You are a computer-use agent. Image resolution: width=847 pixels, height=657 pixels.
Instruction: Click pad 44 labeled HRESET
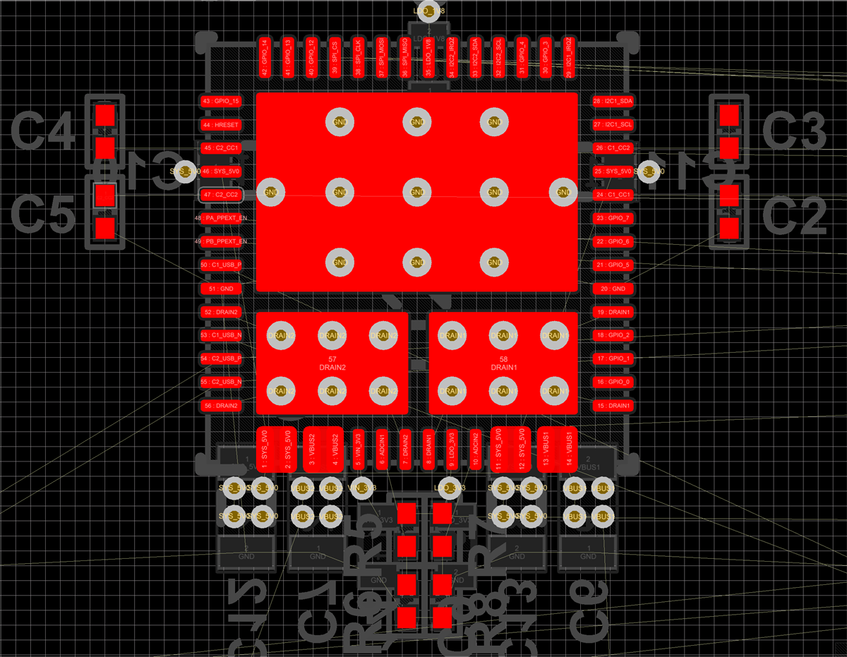coord(221,125)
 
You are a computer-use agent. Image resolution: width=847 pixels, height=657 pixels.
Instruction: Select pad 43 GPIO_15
coord(221,102)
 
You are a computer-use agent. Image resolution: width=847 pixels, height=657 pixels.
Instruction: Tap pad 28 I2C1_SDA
coord(613,102)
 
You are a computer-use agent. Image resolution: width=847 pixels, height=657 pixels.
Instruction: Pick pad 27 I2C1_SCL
coord(613,125)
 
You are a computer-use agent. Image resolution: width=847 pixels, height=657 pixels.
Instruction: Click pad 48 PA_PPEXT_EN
coord(221,218)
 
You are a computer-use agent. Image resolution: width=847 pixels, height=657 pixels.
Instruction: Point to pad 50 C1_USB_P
coord(221,265)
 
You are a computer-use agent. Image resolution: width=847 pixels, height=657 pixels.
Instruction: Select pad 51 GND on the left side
coord(221,289)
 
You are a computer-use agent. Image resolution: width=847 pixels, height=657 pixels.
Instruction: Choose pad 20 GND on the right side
coord(613,289)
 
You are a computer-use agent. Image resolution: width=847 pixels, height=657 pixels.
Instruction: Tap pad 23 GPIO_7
coord(613,218)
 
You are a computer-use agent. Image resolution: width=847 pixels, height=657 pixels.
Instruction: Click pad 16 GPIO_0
coord(613,382)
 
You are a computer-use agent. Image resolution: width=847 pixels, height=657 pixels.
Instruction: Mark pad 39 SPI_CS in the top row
coord(335,57)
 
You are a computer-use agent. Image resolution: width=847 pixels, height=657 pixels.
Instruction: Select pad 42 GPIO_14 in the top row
coord(265,57)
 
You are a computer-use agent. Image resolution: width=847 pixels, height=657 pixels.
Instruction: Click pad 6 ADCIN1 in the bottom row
coord(382,449)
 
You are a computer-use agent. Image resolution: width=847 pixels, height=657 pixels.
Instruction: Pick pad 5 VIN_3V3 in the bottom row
coord(358,449)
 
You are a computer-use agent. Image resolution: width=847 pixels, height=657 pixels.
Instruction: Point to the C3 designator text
coord(793,131)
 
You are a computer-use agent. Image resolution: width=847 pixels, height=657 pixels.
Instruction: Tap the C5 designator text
coord(43,215)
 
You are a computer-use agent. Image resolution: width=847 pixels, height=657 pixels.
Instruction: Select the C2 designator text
coord(793,215)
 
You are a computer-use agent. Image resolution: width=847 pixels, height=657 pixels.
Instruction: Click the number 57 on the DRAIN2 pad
coord(332,360)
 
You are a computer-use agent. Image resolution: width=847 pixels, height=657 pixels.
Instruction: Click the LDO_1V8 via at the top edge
coord(429,11)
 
